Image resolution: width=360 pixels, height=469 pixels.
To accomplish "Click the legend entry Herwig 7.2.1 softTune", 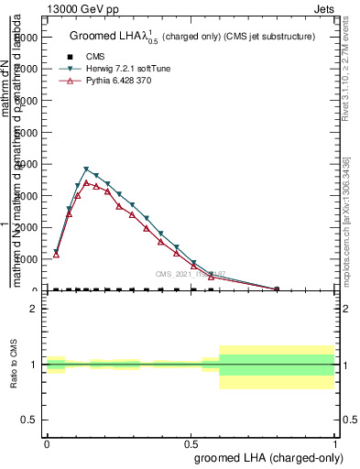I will [x=110, y=69].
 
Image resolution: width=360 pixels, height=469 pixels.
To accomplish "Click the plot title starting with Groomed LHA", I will [x=192, y=37].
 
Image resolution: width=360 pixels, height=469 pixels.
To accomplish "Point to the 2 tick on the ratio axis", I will [x=33, y=310].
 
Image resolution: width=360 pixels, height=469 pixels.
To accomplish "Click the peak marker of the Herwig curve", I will [x=86, y=169].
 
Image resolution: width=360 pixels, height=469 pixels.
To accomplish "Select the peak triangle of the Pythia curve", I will [x=86, y=183].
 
